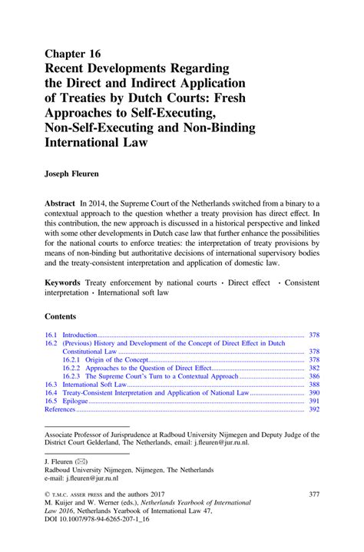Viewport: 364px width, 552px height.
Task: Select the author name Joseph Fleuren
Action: (x=77, y=174)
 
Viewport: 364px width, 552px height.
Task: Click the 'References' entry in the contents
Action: (x=60, y=409)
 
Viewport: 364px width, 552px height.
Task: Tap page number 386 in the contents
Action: (x=314, y=377)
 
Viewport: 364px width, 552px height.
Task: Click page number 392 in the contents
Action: (x=314, y=409)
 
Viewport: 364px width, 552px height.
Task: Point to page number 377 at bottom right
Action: (x=313, y=494)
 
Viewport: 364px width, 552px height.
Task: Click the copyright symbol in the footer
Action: (x=48, y=495)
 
